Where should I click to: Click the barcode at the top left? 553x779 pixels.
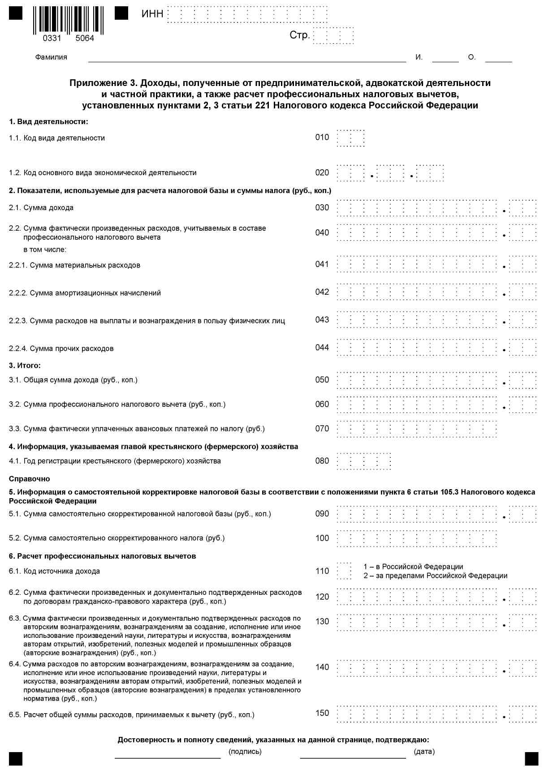click(x=68, y=20)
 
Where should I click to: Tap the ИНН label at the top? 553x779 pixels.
click(x=152, y=14)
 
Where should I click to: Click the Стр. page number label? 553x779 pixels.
click(x=299, y=35)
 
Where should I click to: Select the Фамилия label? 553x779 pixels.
click(x=51, y=57)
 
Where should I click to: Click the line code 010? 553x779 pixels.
click(x=322, y=138)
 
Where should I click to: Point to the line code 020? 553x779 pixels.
click(x=322, y=173)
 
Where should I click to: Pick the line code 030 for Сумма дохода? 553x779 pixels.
click(x=322, y=208)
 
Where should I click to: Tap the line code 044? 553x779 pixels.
click(x=322, y=348)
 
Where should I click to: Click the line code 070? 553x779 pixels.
click(x=322, y=429)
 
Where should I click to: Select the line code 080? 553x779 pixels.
click(x=322, y=461)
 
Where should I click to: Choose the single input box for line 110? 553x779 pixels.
click(x=344, y=571)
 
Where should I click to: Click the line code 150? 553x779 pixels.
click(x=322, y=713)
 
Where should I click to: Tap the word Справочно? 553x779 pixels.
click(x=30, y=479)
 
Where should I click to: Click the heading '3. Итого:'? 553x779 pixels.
click(x=25, y=366)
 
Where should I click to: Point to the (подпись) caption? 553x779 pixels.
click(x=245, y=752)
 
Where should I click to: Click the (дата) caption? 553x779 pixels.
click(x=424, y=752)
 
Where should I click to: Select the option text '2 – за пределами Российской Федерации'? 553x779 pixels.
click(x=435, y=576)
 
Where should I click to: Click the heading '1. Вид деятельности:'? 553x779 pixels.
click(x=48, y=122)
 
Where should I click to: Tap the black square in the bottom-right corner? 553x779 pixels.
click(x=531, y=759)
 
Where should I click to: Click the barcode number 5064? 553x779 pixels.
click(x=85, y=39)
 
